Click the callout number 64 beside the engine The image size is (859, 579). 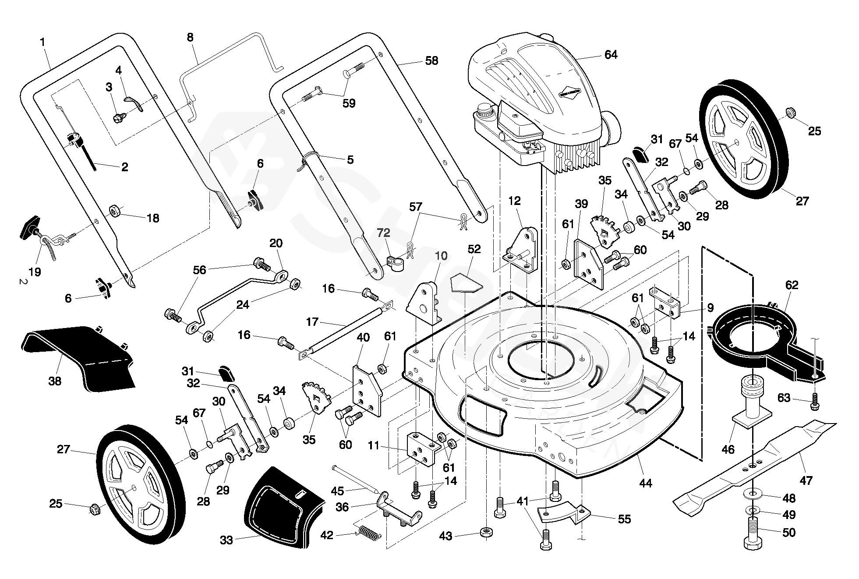click(611, 55)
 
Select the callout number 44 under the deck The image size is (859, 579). click(645, 483)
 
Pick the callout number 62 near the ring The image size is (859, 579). click(792, 285)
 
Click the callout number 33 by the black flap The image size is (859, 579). click(226, 540)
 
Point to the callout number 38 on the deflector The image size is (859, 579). click(55, 381)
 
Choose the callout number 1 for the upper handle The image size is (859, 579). click(42, 42)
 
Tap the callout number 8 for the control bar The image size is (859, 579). click(190, 37)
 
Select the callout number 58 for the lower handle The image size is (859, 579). click(431, 60)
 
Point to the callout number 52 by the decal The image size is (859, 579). click(474, 249)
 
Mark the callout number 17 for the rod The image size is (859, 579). click(312, 322)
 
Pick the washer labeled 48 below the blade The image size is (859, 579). click(752, 494)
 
